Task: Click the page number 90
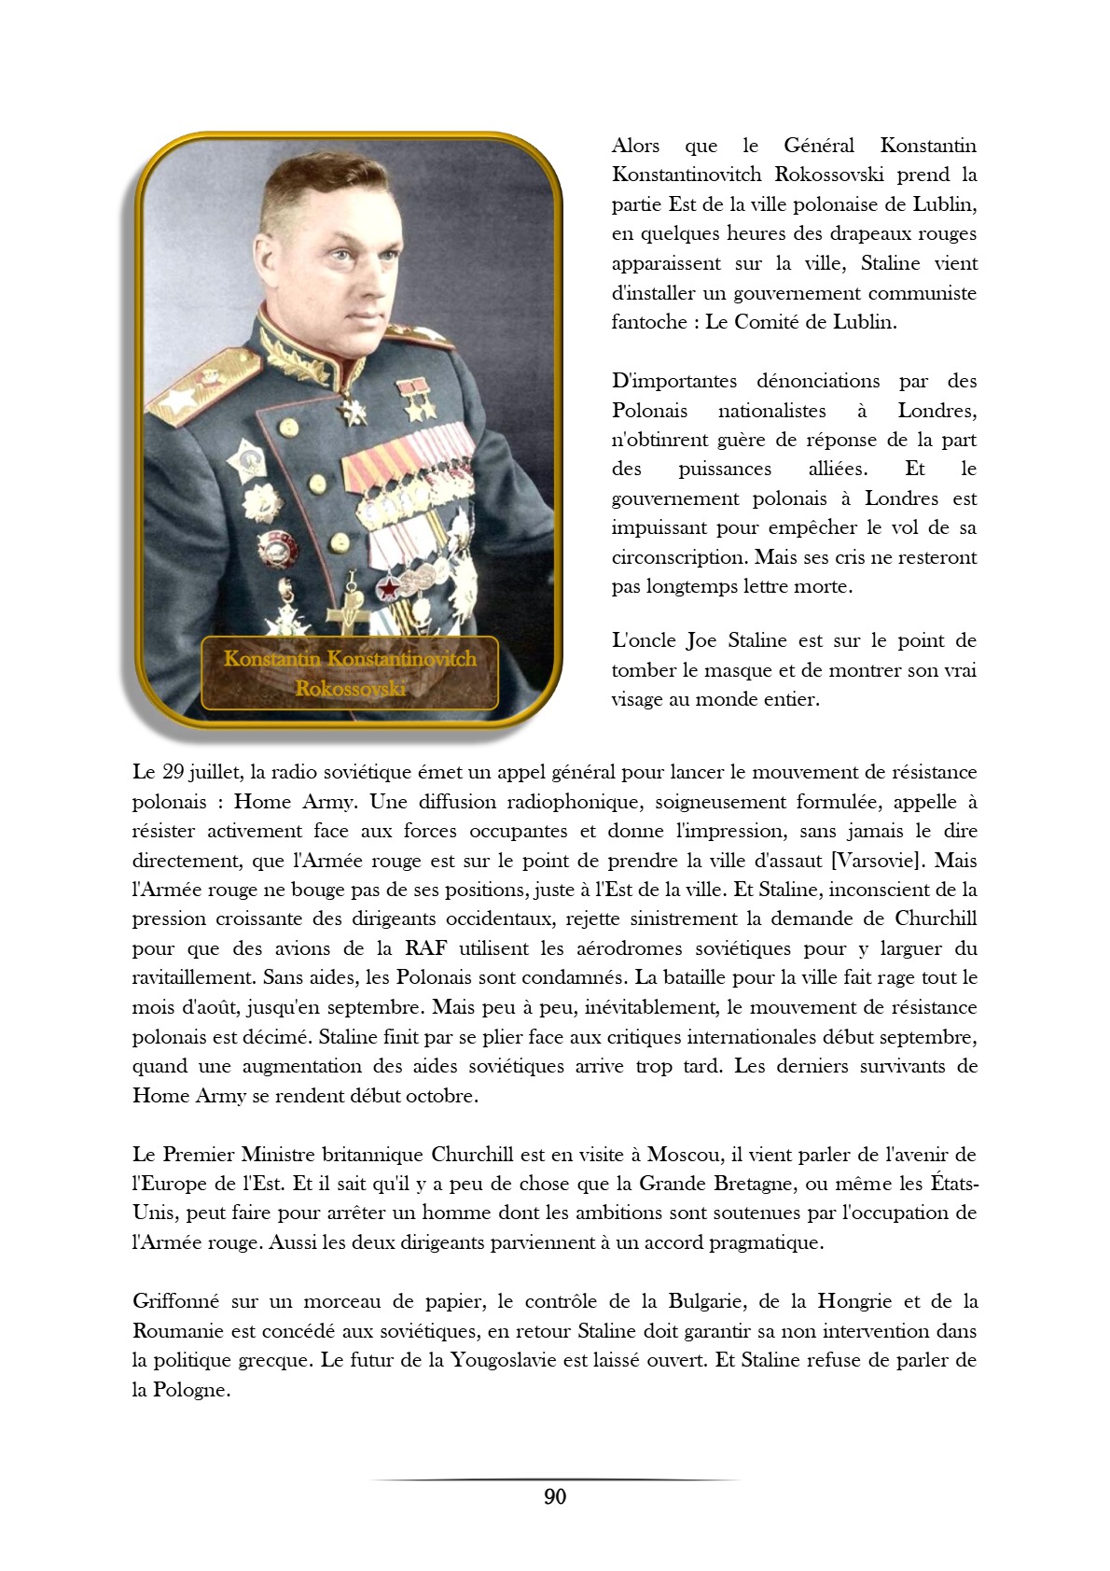click(x=554, y=1496)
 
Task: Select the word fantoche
click(x=649, y=322)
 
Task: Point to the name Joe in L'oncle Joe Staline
click(x=701, y=640)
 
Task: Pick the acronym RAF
click(x=426, y=948)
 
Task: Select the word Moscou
click(x=683, y=1155)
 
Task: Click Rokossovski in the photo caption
click(x=350, y=688)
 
